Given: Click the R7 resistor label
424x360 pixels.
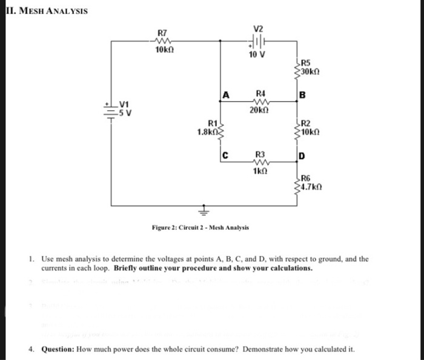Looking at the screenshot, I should (x=162, y=31).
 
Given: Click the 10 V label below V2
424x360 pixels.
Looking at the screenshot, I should (x=257, y=55).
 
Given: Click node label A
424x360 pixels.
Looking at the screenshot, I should (x=225, y=95).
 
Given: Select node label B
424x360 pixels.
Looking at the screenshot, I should (x=302, y=95).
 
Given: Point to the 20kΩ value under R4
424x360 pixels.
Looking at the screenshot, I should (x=259, y=111).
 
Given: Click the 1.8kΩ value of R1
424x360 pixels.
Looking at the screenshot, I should (x=207, y=131).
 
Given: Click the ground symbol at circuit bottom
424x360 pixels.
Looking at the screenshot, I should (x=204, y=212).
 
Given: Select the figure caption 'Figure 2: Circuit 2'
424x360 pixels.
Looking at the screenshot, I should (x=200, y=228).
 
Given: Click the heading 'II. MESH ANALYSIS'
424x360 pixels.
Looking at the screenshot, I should (x=46, y=11).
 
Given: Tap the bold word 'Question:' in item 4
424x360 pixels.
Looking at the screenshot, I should (x=59, y=349).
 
